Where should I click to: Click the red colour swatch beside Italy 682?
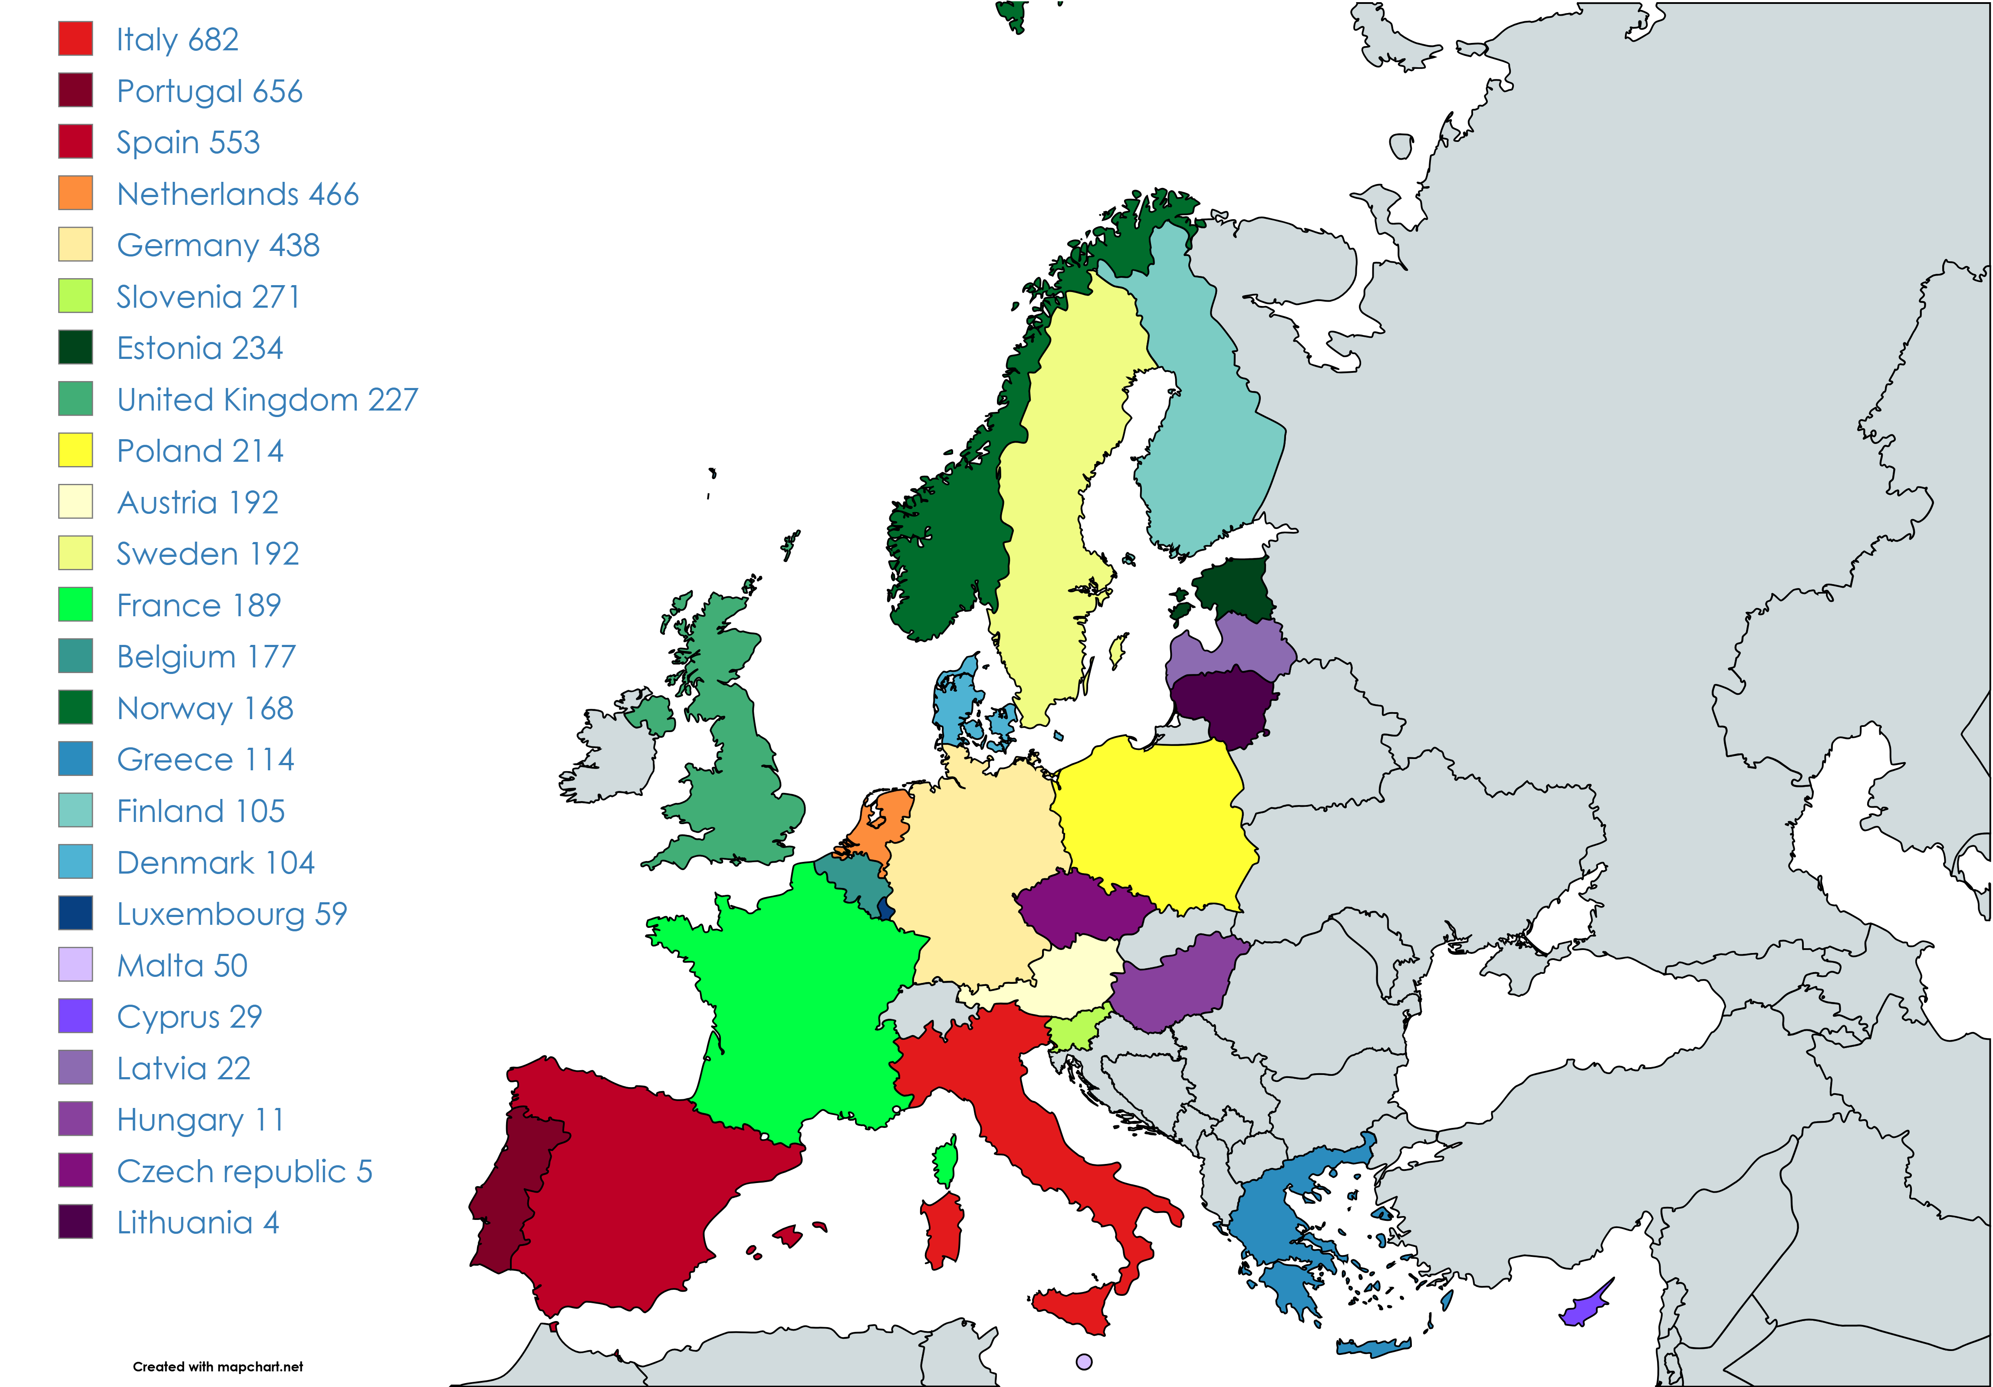76,39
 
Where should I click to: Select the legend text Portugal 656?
209,91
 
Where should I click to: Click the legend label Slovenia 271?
208,297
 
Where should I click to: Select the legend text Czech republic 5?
244,1171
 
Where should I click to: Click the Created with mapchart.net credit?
218,1366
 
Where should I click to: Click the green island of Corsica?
946,1163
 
